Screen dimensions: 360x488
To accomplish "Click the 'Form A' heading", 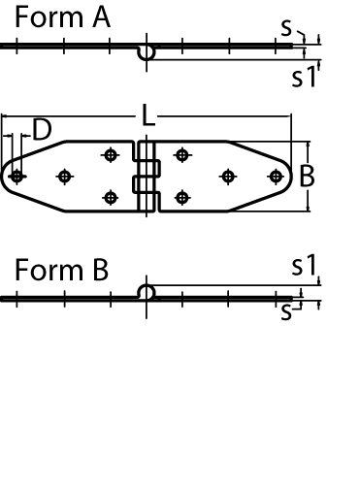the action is pyautogui.click(x=62, y=17).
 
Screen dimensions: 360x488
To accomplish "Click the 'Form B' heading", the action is pyautogui.click(x=61, y=270).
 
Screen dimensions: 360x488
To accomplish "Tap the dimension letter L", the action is pyautogui.click(x=148, y=115).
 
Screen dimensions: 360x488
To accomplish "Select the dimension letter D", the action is pyautogui.click(x=42, y=130).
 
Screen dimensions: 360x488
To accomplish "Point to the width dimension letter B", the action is pyautogui.click(x=307, y=177).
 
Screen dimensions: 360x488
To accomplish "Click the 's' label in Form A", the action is pyautogui.click(x=286, y=28).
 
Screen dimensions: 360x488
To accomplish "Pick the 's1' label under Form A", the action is pyautogui.click(x=304, y=77).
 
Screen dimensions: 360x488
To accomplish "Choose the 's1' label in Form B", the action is pyautogui.click(x=304, y=265).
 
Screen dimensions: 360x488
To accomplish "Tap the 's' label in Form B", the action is pyautogui.click(x=286, y=312).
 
